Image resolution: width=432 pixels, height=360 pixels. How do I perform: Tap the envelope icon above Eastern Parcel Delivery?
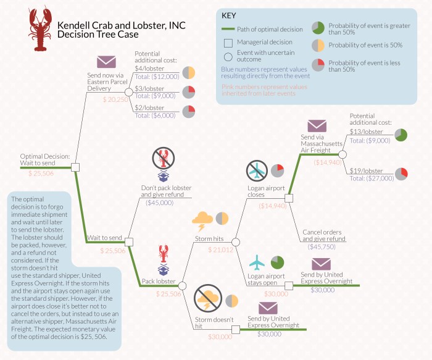[x=106, y=62]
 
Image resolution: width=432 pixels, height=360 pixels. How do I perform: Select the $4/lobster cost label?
[x=151, y=68]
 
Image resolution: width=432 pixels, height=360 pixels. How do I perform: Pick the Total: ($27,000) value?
[x=372, y=178]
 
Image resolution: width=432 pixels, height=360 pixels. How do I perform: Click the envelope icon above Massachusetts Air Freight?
[x=317, y=125]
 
